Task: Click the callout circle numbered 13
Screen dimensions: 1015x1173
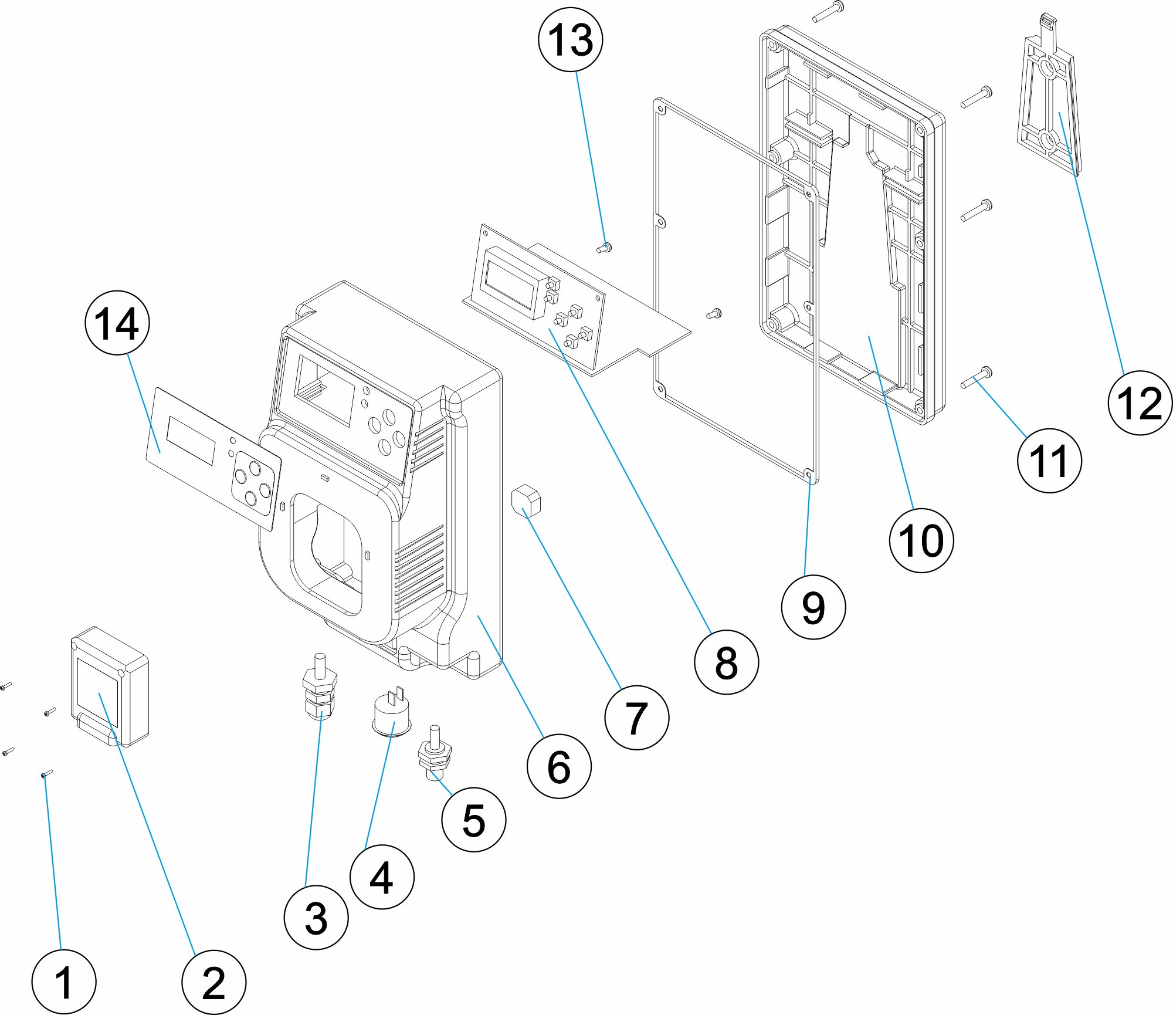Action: click(570, 40)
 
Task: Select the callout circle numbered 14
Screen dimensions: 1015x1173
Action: click(117, 323)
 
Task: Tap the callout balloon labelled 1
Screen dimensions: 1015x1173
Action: click(63, 982)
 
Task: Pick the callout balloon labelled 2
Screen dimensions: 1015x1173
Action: click(213, 982)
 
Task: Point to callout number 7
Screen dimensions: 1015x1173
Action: click(636, 717)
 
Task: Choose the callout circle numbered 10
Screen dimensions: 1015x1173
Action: click(921, 540)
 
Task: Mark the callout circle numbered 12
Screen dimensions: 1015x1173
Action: click(1140, 403)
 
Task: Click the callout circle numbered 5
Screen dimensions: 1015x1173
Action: click(473, 820)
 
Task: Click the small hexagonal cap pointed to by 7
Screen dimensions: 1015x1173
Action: click(526, 500)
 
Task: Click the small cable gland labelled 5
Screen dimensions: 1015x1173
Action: click(435, 754)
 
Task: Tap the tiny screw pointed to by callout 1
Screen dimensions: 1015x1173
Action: click(47, 774)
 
